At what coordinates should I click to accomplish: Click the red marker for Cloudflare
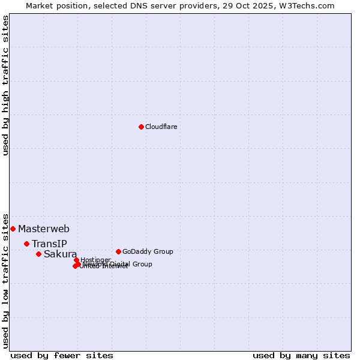pyautogui.click(x=141, y=127)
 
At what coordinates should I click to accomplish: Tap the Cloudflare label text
pyautogui.click(x=161, y=127)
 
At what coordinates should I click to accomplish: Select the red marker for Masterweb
pyautogui.click(x=13, y=229)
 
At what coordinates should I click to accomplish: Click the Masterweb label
pyautogui.click(x=44, y=229)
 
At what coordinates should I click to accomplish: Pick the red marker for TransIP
pyautogui.click(x=26, y=244)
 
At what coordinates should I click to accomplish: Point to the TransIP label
pyautogui.click(x=49, y=244)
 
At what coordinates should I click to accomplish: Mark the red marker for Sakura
pyautogui.click(x=38, y=254)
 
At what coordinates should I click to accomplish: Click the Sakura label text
pyautogui.click(x=60, y=254)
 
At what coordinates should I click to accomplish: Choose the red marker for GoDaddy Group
pyautogui.click(x=118, y=251)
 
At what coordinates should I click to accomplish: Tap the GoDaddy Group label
pyautogui.click(x=148, y=251)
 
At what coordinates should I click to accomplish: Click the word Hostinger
pyautogui.click(x=95, y=260)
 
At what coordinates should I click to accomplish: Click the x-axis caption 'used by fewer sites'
pyautogui.click(x=62, y=355)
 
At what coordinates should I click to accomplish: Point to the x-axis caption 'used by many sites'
pyautogui.click(x=301, y=355)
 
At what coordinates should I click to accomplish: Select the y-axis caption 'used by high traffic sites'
pyautogui.click(x=6, y=85)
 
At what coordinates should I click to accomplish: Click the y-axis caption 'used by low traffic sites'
pyautogui.click(x=6, y=280)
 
